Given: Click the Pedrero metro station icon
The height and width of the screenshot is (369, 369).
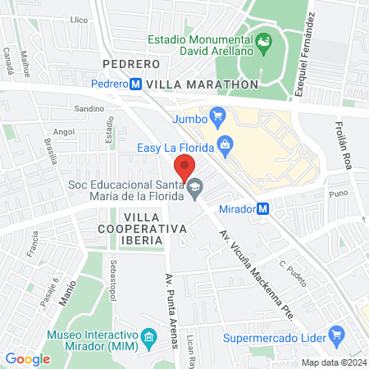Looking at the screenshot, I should tap(135, 84).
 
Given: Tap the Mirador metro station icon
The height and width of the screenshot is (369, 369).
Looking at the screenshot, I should tap(262, 209).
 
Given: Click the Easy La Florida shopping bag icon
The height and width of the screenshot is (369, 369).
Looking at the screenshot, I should tap(225, 148).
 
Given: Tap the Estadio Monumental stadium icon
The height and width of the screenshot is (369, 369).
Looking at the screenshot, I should tap(264, 41).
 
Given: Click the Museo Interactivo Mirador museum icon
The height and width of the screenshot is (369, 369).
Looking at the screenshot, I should tap(148, 338).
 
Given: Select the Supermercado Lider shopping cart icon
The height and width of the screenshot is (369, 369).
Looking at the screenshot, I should tap(335, 335).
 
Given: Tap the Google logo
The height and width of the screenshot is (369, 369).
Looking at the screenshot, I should tap(27, 358).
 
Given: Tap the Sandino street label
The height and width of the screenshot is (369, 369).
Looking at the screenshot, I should tap(89, 108).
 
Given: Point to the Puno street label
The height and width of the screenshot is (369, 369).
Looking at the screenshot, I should tap(337, 194).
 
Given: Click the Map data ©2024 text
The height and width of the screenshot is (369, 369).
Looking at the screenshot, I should tap(332, 362).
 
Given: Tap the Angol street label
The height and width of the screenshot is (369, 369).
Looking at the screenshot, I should tap(63, 130).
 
